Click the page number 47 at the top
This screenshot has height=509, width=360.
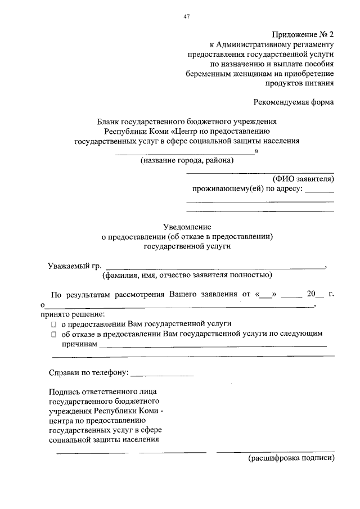pyautogui.click(x=186, y=16)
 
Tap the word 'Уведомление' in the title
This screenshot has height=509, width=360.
pyautogui.click(x=186, y=226)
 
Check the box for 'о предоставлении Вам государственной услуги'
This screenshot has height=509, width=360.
pyautogui.click(x=53, y=325)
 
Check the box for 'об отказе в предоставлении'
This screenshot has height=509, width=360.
pyautogui.click(x=53, y=335)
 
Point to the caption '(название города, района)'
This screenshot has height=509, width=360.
pyautogui.click(x=187, y=161)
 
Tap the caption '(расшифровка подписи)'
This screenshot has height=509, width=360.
pyautogui.click(x=291, y=458)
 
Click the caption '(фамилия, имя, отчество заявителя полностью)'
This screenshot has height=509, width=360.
pyautogui.click(x=187, y=275)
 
